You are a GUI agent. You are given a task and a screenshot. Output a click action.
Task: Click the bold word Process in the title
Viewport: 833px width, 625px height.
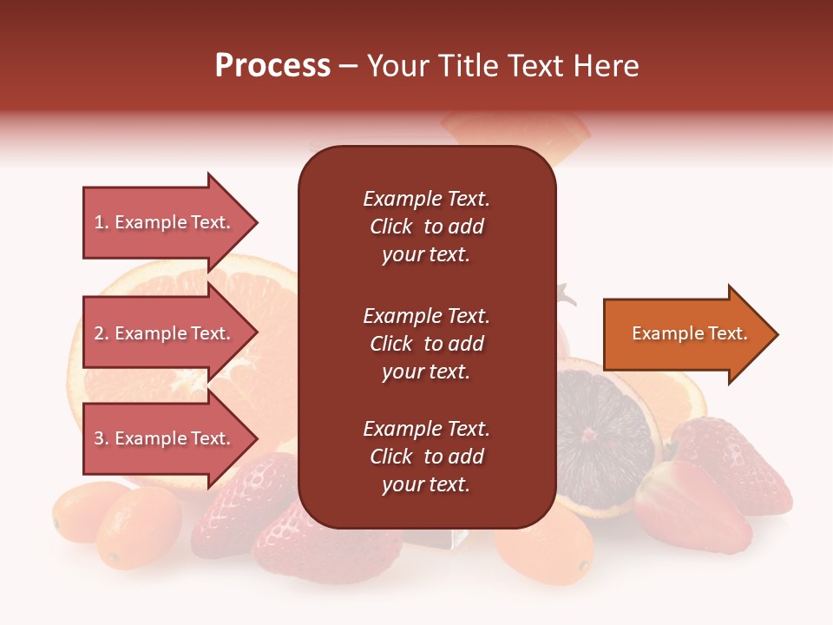point(272,66)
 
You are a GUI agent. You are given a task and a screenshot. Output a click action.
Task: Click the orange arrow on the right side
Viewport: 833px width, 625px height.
point(685,334)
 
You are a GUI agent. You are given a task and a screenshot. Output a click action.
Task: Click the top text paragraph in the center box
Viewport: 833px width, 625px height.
point(426,227)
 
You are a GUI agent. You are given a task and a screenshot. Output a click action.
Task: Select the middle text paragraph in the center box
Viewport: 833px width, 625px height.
point(426,344)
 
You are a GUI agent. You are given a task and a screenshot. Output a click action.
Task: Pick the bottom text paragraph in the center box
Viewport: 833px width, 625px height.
point(426,457)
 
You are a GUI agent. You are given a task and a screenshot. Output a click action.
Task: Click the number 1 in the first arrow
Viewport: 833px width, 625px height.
point(98,222)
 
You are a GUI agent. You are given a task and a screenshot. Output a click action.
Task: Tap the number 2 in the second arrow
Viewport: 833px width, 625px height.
point(99,333)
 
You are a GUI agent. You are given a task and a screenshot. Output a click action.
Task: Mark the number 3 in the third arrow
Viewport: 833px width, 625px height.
point(99,438)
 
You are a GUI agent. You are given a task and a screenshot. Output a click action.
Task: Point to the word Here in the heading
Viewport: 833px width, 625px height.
point(607,66)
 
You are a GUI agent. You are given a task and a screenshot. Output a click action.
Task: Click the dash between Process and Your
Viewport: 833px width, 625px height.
point(349,67)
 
